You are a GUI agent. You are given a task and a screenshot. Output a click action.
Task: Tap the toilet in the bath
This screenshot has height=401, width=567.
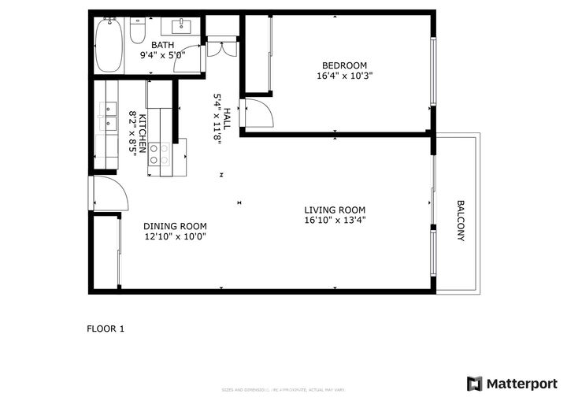pyautogui.click(x=138, y=31)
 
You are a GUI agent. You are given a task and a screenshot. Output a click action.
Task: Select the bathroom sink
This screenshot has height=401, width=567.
pyautogui.click(x=187, y=26)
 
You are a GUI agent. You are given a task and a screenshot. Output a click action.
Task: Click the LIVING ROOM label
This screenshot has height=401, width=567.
pyautogui.click(x=335, y=210)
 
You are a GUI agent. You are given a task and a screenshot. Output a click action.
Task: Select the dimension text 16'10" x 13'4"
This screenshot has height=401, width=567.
pyautogui.click(x=335, y=221)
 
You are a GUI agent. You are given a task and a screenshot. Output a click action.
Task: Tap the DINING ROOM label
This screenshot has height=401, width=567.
pyautogui.click(x=175, y=225)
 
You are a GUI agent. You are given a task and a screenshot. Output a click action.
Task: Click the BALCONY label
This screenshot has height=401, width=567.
pyautogui.click(x=461, y=221)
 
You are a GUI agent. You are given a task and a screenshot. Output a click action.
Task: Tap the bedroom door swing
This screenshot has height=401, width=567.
pyautogui.click(x=258, y=114)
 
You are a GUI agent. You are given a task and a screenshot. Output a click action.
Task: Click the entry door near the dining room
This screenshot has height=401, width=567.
pyautogui.click(x=108, y=194)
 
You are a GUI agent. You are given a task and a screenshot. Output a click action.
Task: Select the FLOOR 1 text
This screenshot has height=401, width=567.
pyautogui.click(x=106, y=329)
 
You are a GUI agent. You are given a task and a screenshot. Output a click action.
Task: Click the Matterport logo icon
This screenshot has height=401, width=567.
pyautogui.click(x=474, y=384)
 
